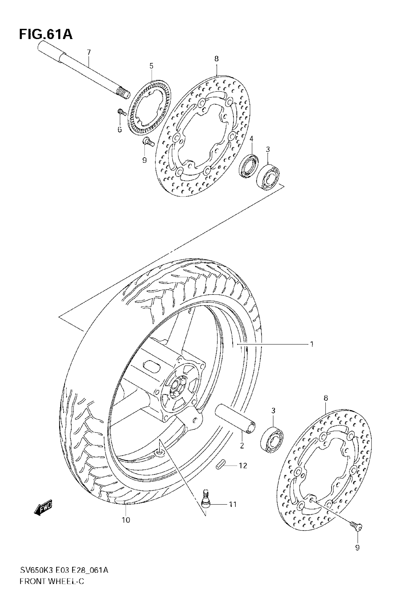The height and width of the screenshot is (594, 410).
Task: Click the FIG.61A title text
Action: tap(46, 35)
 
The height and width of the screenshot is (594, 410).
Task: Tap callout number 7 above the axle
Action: tap(89, 53)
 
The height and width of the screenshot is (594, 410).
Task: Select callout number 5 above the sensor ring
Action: tap(151, 66)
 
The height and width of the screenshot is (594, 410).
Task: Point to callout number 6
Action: tap(120, 130)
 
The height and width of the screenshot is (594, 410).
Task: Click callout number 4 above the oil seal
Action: tap(251, 139)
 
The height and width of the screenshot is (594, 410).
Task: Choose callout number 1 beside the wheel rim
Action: tap(312, 344)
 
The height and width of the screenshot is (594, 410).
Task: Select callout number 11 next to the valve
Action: tap(233, 504)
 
